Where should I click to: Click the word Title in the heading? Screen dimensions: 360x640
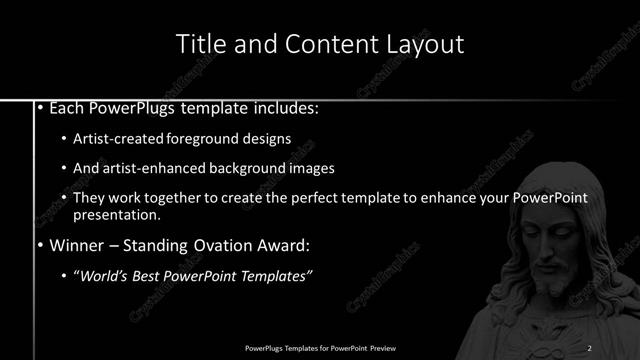tap(200, 44)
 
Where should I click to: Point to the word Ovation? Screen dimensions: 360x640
tap(213, 244)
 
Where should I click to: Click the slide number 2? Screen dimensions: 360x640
tap(590, 347)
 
